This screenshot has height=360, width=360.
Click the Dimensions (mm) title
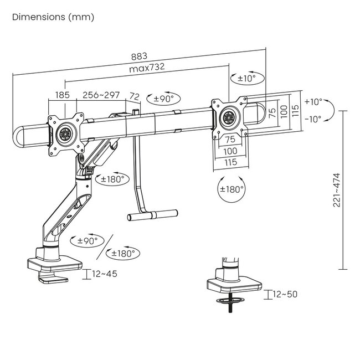pyautogui.click(x=53, y=17)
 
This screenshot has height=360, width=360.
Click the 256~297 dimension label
pyautogui.click(x=101, y=95)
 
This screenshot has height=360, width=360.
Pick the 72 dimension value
pyautogui.click(x=134, y=95)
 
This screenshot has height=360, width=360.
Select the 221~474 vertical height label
pyautogui.click(x=336, y=188)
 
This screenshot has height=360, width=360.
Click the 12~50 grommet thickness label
pyautogui.click(x=284, y=294)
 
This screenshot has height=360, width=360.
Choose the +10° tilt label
pyautogui.click(x=313, y=102)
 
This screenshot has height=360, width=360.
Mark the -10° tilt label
pyautogui.click(x=313, y=119)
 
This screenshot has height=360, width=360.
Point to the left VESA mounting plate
pyautogui.click(x=65, y=133)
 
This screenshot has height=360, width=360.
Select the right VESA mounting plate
pyautogui.click(x=229, y=117)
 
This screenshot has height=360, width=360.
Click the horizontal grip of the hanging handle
pyautogui.click(x=153, y=213)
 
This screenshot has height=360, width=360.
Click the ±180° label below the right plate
pyautogui.click(x=229, y=189)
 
